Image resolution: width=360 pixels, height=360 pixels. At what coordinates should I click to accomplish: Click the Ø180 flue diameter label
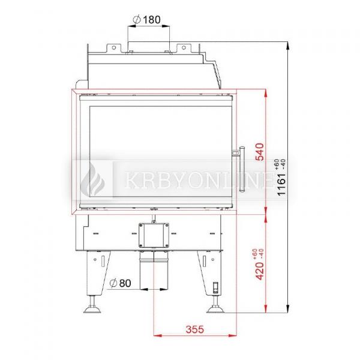[147, 20]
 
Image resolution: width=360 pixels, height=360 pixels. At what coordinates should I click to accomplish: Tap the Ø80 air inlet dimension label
[121, 283]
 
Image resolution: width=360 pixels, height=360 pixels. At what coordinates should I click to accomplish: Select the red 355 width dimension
[194, 329]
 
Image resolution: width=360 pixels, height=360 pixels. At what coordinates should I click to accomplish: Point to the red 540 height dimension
[260, 152]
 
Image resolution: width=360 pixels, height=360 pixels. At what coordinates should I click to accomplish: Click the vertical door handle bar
[242, 169]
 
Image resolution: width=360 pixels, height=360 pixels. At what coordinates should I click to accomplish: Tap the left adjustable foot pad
[92, 310]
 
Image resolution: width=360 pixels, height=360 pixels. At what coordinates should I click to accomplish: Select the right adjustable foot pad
[215, 310]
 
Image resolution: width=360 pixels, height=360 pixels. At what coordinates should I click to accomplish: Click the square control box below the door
[154, 235]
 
